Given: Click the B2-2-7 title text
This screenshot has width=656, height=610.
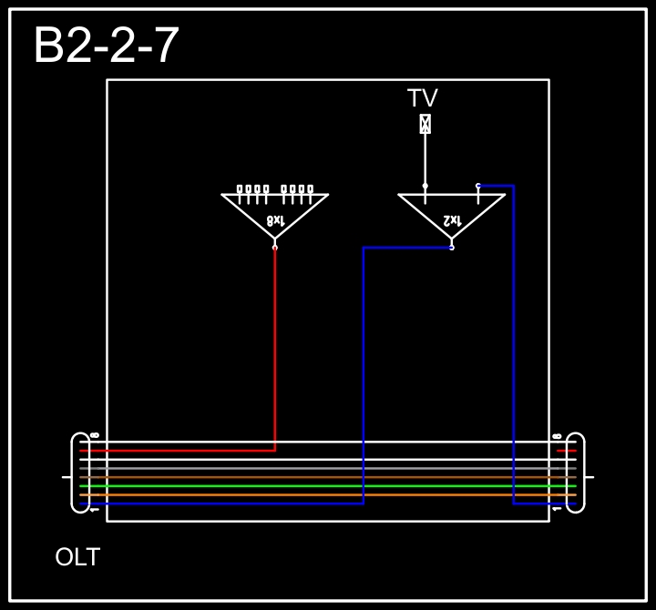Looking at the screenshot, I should tap(107, 46).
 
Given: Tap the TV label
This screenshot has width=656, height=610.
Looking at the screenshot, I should tap(423, 98).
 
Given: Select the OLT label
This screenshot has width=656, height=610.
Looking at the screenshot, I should tap(77, 557).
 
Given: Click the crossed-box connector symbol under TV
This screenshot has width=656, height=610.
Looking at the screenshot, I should tap(425, 124).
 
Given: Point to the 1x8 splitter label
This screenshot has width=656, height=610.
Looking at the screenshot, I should tap(275, 220).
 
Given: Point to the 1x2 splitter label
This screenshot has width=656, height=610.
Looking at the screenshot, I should tap(452, 220).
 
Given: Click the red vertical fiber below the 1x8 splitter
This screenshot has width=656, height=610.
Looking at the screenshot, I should tap(275, 346).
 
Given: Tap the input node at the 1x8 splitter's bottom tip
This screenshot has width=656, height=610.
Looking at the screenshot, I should tap(275, 247).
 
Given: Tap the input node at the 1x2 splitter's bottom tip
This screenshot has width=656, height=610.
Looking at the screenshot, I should tap(451, 247).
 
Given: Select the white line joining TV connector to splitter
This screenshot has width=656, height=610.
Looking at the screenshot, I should tap(425, 159).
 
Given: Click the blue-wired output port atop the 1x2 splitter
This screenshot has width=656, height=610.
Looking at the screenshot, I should tap(478, 186).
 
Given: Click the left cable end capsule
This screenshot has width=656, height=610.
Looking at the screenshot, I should tap(80, 473).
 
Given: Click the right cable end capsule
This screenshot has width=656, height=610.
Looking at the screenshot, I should tap(575, 473).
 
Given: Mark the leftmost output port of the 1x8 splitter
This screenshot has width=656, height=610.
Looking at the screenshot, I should tap(240, 189).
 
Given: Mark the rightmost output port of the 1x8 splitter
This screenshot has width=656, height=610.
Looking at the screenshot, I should tap(310, 189).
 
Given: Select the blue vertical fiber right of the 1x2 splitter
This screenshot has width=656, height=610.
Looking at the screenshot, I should tap(514, 346).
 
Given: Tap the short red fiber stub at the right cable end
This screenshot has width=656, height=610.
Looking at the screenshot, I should tap(567, 451).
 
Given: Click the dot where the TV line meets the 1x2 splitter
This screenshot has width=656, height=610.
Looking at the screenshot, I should tap(425, 186).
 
